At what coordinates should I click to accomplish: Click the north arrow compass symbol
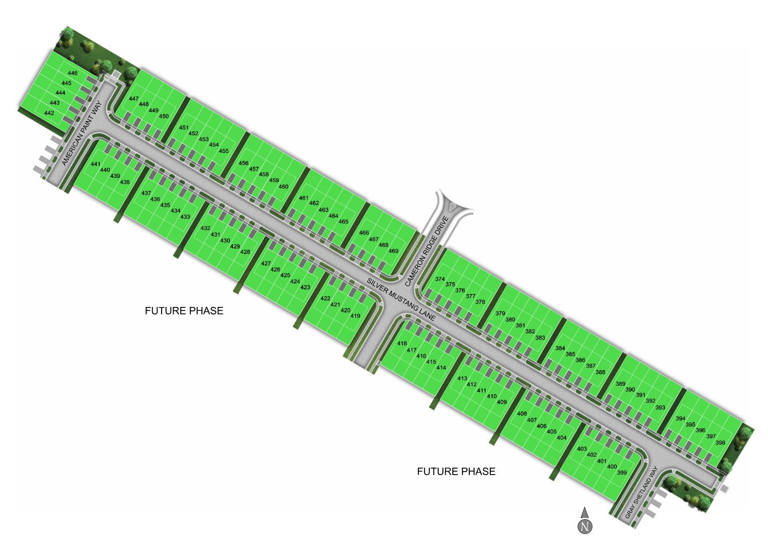click(585, 522)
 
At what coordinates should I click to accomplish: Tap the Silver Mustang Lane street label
click(401, 299)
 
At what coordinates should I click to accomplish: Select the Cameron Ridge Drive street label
click(427, 251)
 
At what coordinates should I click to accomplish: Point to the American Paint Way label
click(82, 133)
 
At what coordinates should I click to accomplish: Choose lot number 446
click(73, 73)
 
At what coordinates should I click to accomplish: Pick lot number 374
click(440, 279)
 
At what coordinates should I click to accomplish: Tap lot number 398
click(720, 443)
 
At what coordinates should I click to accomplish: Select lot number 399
click(622, 473)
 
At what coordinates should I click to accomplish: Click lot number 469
click(393, 251)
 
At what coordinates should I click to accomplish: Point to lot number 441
click(95, 164)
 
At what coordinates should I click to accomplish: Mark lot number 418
click(402, 343)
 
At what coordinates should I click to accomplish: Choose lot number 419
click(355, 315)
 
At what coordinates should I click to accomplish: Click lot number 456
click(243, 163)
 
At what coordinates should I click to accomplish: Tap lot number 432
click(205, 228)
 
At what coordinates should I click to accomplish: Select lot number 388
click(600, 372)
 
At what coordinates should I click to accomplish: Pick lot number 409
click(502, 402)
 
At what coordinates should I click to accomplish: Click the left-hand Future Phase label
click(184, 311)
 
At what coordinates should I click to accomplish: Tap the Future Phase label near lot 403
click(456, 472)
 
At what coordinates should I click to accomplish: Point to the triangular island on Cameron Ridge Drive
click(453, 207)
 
